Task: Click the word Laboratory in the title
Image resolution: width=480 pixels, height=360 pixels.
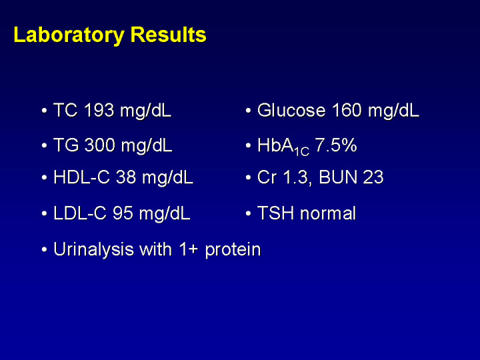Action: [x=69, y=36]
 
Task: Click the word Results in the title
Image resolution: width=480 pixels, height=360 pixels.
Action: [x=169, y=35]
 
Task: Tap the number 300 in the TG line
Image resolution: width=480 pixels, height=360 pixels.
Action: [x=100, y=145]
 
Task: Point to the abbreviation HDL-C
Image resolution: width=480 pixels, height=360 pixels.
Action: [x=82, y=177]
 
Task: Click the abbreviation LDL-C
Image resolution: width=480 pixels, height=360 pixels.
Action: [x=80, y=213]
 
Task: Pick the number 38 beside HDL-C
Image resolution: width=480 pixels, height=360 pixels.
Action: [x=126, y=177]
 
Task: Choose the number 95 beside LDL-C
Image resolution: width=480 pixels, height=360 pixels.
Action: [x=123, y=213]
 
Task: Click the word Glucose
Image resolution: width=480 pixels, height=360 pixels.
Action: [x=291, y=110]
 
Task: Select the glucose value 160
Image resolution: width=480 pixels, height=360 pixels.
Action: [x=347, y=110]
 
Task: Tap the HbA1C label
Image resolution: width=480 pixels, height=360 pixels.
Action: [x=283, y=147]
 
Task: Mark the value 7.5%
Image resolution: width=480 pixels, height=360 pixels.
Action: [x=336, y=145]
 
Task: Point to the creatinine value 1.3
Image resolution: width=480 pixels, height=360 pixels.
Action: [x=297, y=177]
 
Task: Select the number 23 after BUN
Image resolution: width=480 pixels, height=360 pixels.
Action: [x=373, y=177]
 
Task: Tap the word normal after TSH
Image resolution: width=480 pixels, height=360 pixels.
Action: [x=328, y=213]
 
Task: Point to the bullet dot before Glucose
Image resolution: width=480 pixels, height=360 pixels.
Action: [x=248, y=111]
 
